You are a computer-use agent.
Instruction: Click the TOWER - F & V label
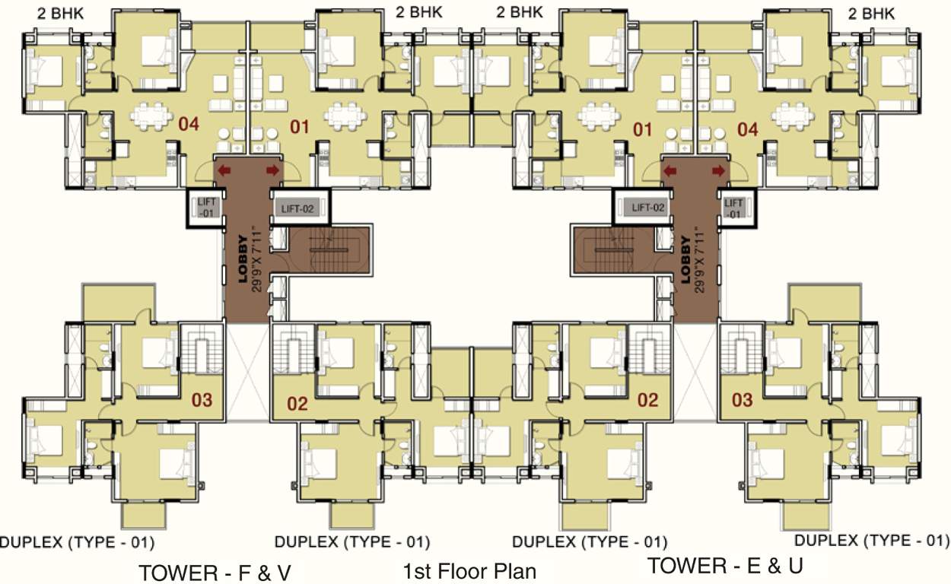215,571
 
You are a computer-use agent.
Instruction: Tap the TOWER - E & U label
724,566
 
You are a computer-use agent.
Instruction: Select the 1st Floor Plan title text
469,571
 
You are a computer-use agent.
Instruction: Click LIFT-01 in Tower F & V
207,208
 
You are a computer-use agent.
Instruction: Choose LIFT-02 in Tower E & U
644,208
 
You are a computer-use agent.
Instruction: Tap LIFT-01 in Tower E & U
733,208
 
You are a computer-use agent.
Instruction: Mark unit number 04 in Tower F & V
188,125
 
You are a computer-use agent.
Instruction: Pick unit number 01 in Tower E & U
643,129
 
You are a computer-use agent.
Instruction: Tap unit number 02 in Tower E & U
647,399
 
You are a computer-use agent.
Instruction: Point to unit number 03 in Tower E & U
742,399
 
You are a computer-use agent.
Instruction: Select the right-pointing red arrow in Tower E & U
717,171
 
